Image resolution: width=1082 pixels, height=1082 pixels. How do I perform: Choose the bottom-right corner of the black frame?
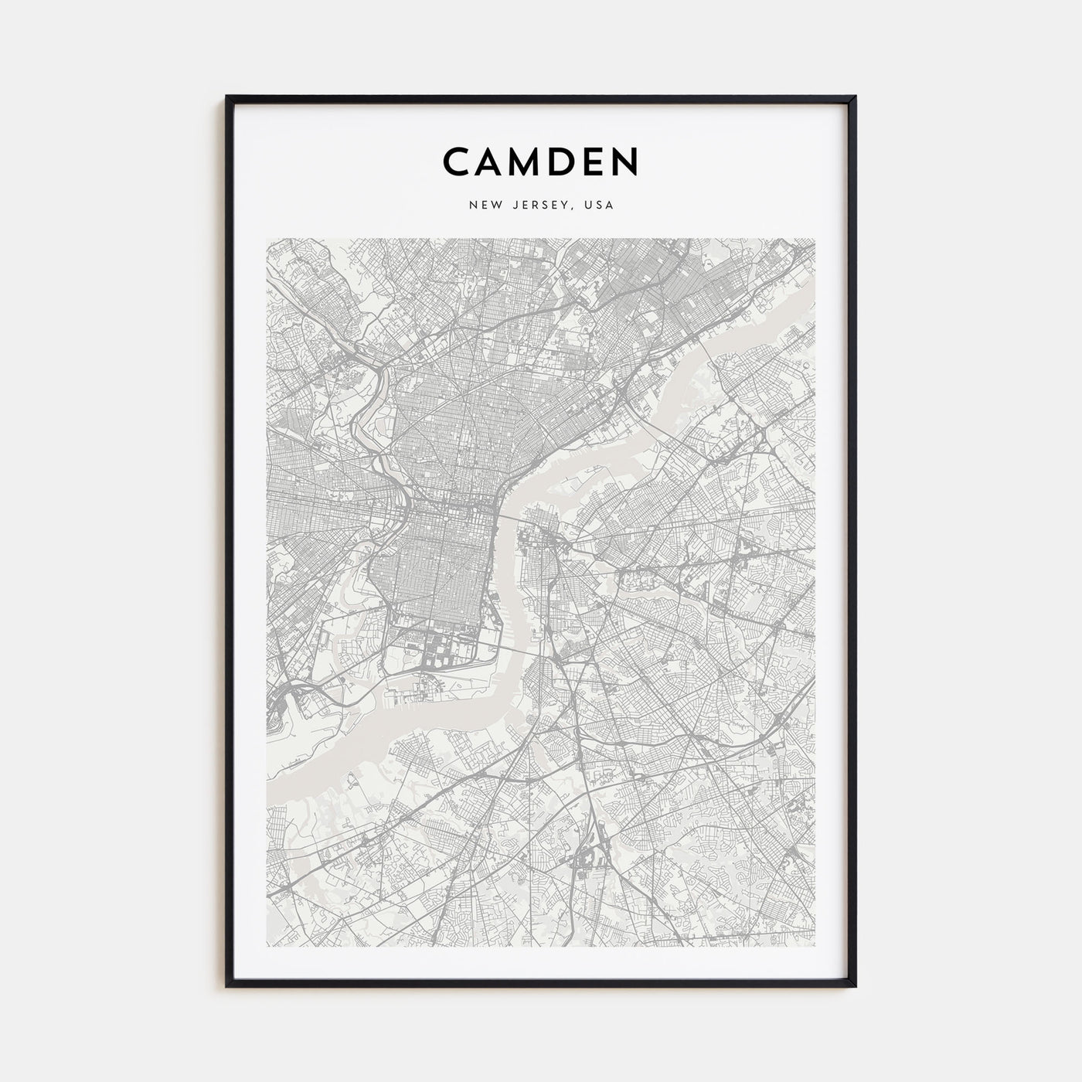click(855, 985)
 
